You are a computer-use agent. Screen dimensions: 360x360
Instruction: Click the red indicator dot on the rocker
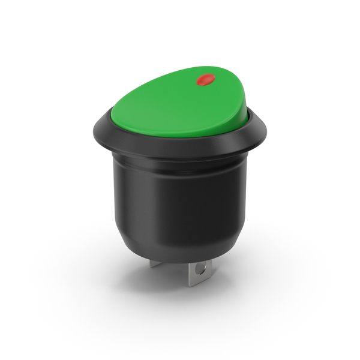coord(206,79)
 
